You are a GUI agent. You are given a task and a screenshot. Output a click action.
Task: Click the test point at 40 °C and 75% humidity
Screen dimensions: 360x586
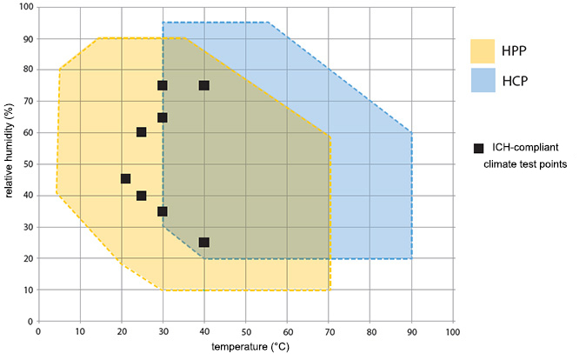(204, 85)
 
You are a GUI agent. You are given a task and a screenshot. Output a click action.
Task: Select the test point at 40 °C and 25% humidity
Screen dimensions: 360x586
(204, 243)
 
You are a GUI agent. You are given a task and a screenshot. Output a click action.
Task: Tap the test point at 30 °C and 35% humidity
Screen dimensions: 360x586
(163, 211)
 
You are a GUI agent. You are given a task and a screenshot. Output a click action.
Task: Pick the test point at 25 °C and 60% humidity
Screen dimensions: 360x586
(142, 132)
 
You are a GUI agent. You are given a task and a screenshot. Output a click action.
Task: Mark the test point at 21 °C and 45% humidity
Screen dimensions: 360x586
(125, 179)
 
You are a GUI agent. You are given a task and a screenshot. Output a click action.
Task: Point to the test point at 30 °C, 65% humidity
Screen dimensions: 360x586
(163, 117)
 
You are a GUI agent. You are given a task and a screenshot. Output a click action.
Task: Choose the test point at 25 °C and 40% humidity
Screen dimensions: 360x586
(142, 196)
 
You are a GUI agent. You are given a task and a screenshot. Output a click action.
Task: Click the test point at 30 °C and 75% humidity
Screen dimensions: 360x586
(163, 85)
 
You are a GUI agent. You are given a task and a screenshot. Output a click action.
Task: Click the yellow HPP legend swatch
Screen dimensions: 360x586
(483, 50)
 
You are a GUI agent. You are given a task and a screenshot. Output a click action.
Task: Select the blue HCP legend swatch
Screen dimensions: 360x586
(483, 81)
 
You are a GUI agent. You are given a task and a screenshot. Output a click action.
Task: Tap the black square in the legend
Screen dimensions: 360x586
(477, 148)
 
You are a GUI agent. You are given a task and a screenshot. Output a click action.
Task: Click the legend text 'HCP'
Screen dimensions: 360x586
(516, 82)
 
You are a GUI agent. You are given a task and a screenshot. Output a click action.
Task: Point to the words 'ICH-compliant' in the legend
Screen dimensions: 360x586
(521, 148)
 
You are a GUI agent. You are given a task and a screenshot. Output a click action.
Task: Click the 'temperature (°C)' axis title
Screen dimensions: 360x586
(244, 348)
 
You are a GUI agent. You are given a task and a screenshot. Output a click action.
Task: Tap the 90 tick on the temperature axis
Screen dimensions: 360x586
(411, 332)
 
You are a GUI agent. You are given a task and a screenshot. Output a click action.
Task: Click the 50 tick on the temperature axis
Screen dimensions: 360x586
(246, 332)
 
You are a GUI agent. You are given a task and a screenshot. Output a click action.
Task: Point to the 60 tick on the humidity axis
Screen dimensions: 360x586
(27, 133)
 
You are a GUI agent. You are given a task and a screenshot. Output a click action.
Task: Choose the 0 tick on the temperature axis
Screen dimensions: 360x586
(38, 332)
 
